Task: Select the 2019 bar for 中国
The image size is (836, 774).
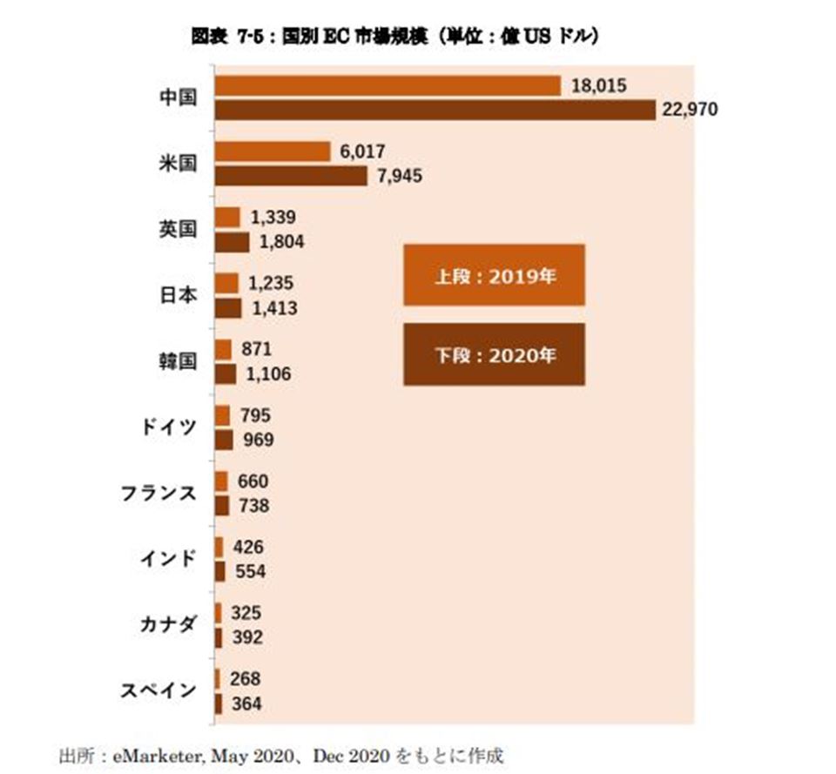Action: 387,85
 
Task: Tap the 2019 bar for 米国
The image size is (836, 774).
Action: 271,151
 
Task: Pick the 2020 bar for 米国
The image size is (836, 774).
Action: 290,176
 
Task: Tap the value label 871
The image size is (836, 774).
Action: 257,349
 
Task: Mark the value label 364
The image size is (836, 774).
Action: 246,703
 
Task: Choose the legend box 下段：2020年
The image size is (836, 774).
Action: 494,354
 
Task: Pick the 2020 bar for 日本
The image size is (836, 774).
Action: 227,307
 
